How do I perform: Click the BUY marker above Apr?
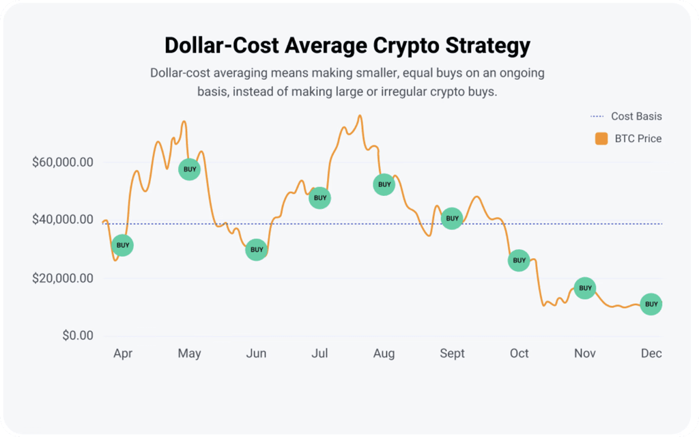(122, 245)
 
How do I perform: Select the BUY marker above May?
(190, 169)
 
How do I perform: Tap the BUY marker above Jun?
(257, 250)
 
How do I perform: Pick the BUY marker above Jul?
(319, 198)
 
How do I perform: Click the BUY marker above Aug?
(384, 184)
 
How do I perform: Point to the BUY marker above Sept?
(452, 218)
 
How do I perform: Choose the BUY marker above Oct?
(519, 260)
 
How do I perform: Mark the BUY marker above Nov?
(585, 288)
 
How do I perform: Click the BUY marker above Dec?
(651, 304)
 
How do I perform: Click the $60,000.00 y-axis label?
(63, 163)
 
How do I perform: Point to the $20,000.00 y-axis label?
(63, 279)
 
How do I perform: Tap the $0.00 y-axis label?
(78, 335)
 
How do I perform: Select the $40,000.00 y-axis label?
(63, 219)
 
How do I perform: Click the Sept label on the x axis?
(452, 354)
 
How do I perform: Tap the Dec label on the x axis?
(651, 353)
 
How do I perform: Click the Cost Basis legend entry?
(627, 116)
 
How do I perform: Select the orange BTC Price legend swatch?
(601, 139)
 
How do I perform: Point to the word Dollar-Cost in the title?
(222, 45)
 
